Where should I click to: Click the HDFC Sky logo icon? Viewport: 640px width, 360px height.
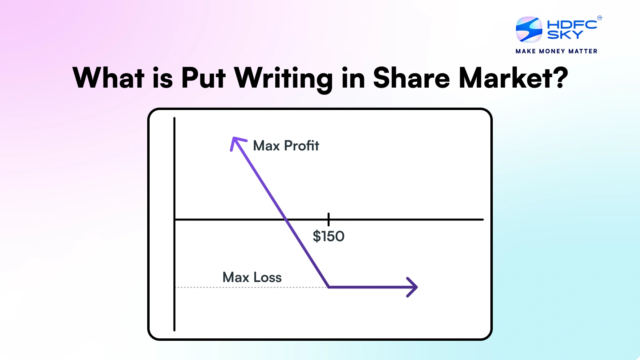tap(529, 29)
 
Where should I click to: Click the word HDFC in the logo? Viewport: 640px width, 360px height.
tap(572, 24)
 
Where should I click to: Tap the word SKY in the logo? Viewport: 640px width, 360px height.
tap(564, 35)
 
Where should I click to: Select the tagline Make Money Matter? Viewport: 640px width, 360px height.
tap(556, 51)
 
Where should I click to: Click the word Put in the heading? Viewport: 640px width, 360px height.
tap(203, 78)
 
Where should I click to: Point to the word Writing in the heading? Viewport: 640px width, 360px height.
tap(283, 78)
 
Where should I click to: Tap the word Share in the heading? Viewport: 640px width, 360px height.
tap(411, 78)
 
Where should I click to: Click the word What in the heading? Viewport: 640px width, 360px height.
tap(108, 78)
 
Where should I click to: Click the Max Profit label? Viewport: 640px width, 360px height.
tap(286, 146)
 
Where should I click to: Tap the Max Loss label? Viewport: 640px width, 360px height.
tap(252, 277)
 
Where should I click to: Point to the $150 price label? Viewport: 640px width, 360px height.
tap(328, 236)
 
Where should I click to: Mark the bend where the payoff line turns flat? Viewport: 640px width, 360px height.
tap(328, 287)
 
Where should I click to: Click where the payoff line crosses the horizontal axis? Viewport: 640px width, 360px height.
tap(286, 220)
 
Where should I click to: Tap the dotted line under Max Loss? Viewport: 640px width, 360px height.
tap(252, 287)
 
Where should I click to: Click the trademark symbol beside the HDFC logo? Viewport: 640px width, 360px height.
tap(599, 18)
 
